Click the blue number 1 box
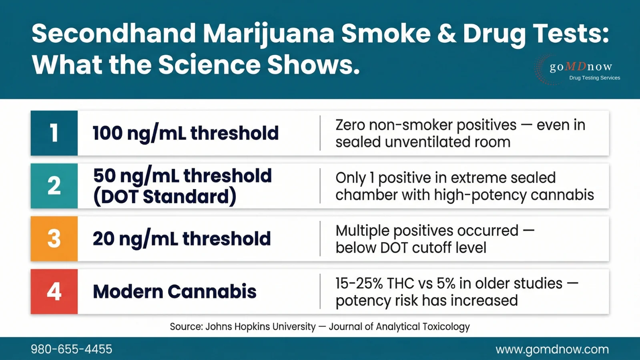pos(54,133)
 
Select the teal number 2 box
pos(54,186)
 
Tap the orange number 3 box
pos(54,239)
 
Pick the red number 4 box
pos(54,292)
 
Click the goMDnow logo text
pos(581,66)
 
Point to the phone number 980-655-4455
pos(72,349)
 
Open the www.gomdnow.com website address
pos(552,349)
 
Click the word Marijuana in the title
pos(268,34)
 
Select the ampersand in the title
pos(447,34)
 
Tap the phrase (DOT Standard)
pos(165,197)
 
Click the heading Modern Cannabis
pos(175,292)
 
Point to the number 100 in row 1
pos(107,133)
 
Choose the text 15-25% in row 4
pos(359,284)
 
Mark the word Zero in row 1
pos(350,125)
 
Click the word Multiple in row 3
pos(362,231)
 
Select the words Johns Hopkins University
pos(260,327)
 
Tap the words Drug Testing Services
pos(594,78)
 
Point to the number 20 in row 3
pos(104,239)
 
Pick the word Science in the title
pos(209,65)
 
